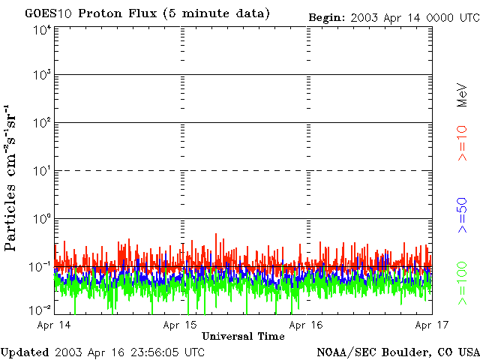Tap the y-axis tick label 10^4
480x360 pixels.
pyautogui.click(x=42, y=30)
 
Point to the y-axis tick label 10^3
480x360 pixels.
pyautogui.click(x=42, y=76)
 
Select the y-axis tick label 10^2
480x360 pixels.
pyautogui.click(x=42, y=122)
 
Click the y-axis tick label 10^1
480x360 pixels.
pyautogui.click(x=42, y=171)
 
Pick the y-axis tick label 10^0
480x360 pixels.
pyautogui.click(x=42, y=218)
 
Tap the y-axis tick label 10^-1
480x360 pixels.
pyautogui.click(x=40, y=266)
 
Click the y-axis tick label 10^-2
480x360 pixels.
pyautogui.click(x=40, y=310)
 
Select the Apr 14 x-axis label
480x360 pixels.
pyautogui.click(x=53, y=325)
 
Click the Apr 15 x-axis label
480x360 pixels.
pyautogui.click(x=180, y=325)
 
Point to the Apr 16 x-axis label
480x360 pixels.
pyautogui.click(x=306, y=325)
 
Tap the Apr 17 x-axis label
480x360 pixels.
pyautogui.click(x=431, y=325)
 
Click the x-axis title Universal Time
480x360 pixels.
pyautogui.click(x=243, y=337)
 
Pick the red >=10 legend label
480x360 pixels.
pyautogui.click(x=462, y=143)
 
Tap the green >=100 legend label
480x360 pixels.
pyautogui.click(x=462, y=283)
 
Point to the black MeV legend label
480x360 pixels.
pyautogui.click(x=462, y=96)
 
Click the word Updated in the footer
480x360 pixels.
pyautogui.click(x=26, y=351)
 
